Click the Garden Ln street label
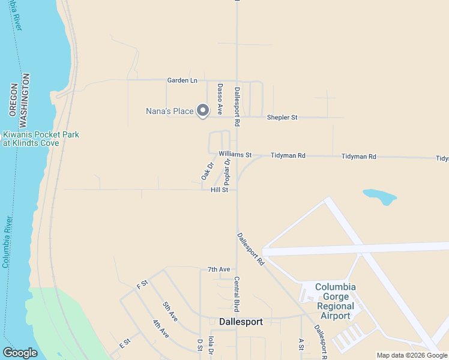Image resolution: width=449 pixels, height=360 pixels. click(x=182, y=80)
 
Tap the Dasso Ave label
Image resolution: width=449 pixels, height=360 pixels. click(x=220, y=99)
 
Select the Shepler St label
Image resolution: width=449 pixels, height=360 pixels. click(x=282, y=118)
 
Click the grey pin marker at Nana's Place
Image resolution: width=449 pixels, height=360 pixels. click(x=203, y=110)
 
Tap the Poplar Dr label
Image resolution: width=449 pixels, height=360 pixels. click(x=227, y=172)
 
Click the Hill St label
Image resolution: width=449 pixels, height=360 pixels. click(x=220, y=190)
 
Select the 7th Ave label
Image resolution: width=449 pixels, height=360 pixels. click(x=218, y=269)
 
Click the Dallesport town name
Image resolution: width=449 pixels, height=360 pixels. click(x=241, y=322)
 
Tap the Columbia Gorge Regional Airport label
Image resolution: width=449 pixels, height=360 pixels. click(x=336, y=301)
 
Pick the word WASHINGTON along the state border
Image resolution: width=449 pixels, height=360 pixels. click(x=26, y=95)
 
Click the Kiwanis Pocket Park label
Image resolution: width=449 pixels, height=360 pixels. click(x=41, y=139)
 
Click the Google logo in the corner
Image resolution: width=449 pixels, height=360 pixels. click(x=19, y=353)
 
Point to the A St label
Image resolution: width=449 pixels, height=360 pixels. click(x=301, y=344)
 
